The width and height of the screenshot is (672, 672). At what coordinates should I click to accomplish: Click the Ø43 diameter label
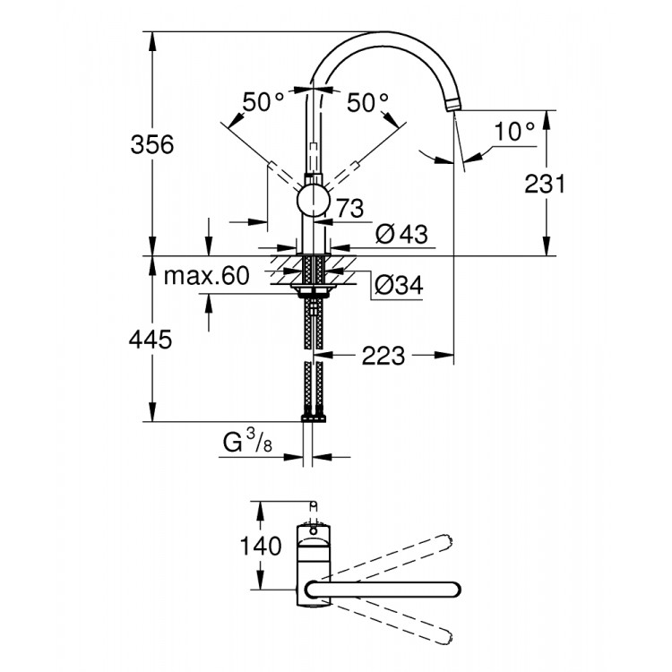click(x=401, y=234)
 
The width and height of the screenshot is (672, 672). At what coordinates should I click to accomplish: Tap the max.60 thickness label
click(x=206, y=277)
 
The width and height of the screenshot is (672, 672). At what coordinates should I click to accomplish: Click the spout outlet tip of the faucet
click(x=455, y=108)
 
